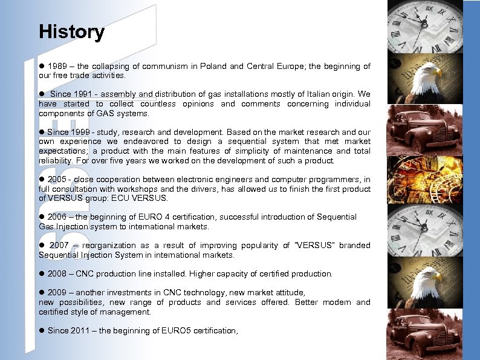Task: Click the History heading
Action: coord(71,32)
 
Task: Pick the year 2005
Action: coord(56,180)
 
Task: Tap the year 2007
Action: coord(59,246)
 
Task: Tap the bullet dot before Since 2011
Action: coord(42,331)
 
